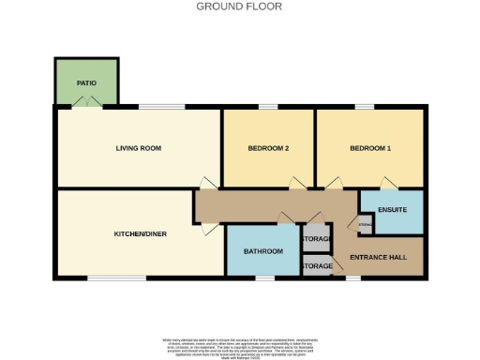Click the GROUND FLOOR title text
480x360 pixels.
click(x=239, y=7)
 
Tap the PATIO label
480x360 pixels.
click(x=86, y=83)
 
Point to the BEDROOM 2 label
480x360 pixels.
click(x=267, y=148)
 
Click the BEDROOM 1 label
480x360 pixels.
click(x=369, y=148)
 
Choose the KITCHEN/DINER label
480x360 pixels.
click(x=140, y=233)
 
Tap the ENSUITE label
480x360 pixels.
click(x=392, y=209)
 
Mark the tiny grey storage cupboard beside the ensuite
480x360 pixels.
click(x=364, y=224)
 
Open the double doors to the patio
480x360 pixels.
click(x=86, y=107)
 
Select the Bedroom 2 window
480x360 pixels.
click(x=269, y=107)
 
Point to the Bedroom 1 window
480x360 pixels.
click(x=365, y=107)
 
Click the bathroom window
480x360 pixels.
click(x=266, y=277)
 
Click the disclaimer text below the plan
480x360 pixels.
click(x=239, y=343)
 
